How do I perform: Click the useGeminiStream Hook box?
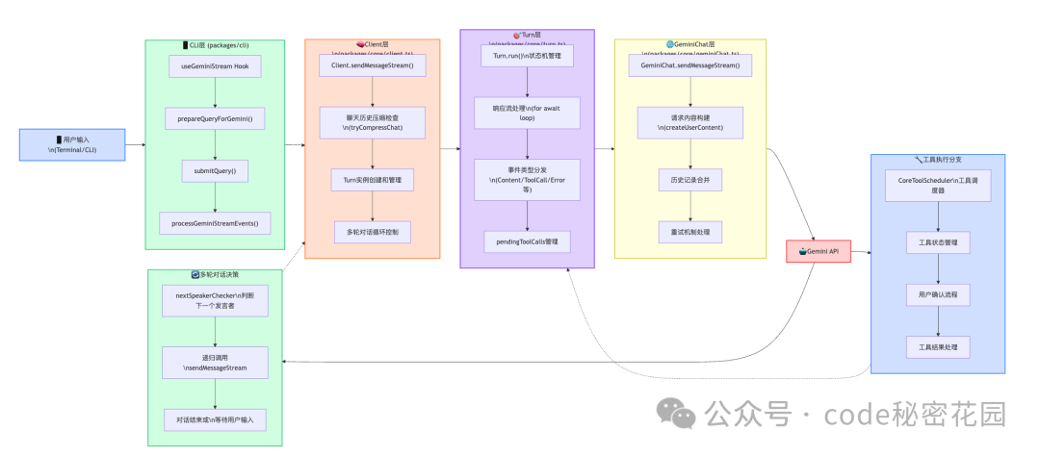coord(215,67)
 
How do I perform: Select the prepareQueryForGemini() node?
coord(215,119)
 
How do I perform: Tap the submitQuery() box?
coord(215,171)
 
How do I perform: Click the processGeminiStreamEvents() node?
coord(215,223)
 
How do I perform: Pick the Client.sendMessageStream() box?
coord(373,64)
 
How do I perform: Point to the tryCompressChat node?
coord(373,122)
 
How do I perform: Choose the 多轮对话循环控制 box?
coord(373,232)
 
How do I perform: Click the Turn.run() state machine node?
coord(527,57)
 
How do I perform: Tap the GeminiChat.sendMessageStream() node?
coord(690,65)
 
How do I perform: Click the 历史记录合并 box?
coord(689,180)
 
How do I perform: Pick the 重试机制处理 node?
coord(689,232)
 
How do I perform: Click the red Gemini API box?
coord(819,250)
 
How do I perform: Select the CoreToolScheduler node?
coord(937,186)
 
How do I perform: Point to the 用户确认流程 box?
coord(937,293)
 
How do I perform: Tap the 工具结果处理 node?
coord(937,346)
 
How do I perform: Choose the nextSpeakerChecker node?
coord(215,300)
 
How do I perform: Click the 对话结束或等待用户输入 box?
coord(215,420)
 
